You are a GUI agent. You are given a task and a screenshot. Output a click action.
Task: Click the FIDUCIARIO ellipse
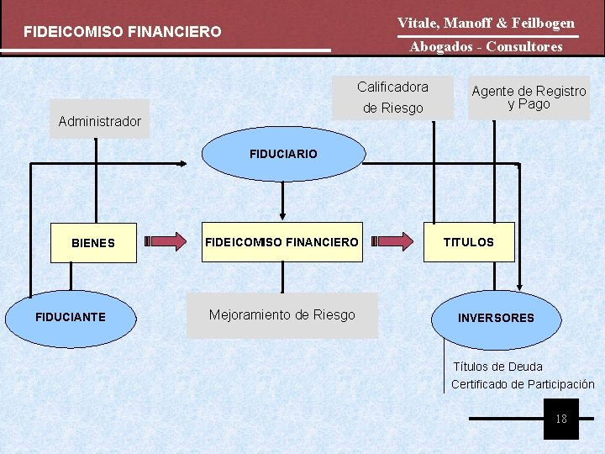(x=283, y=155)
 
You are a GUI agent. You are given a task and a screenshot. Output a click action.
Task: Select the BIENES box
(x=93, y=243)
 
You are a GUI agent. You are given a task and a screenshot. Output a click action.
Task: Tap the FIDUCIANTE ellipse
(x=70, y=317)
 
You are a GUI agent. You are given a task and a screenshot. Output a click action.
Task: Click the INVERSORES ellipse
(x=496, y=318)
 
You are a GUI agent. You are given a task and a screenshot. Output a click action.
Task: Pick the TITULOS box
(x=469, y=242)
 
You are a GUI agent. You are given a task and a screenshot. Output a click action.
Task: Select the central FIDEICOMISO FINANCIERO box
(x=281, y=242)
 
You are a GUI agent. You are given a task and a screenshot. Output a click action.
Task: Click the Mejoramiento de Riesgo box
(x=282, y=315)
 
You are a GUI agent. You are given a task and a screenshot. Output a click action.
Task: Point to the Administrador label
(x=100, y=121)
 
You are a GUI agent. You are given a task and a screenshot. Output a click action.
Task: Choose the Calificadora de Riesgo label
(x=392, y=98)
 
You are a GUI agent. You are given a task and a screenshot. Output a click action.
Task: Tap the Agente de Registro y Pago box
(x=529, y=98)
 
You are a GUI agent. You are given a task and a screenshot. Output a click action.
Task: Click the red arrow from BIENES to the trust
(x=167, y=242)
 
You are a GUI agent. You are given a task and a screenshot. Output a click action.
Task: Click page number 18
(x=561, y=419)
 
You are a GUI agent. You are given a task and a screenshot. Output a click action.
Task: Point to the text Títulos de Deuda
(x=498, y=367)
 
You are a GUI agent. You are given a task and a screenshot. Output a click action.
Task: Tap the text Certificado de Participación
(x=523, y=384)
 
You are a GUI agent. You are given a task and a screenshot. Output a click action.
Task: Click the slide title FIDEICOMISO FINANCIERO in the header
(x=123, y=32)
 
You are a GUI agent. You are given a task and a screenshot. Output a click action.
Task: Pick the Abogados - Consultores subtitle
(x=486, y=47)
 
